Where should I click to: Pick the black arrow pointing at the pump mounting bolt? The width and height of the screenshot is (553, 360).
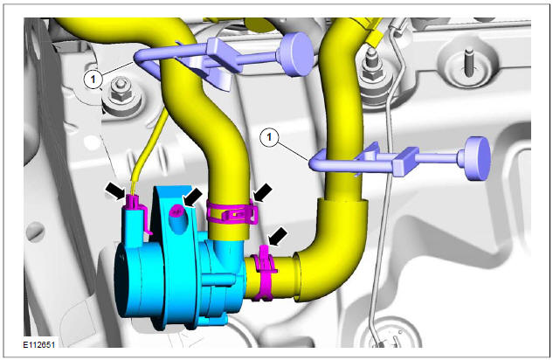[x=194, y=194]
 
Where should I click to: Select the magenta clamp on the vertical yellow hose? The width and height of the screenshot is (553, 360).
[x=232, y=211]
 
